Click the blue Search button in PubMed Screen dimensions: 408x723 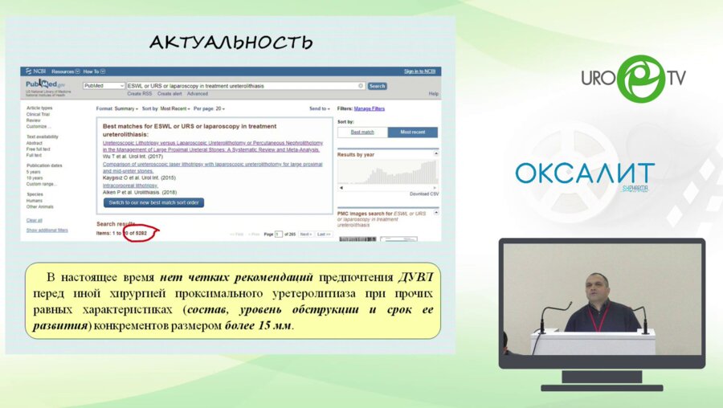(377, 86)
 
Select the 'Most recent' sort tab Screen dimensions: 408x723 (412, 132)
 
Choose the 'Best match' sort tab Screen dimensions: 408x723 (362, 132)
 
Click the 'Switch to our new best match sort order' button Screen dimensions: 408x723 (153, 202)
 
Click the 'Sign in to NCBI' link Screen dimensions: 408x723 (419, 71)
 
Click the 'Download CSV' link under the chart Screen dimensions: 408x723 (424, 194)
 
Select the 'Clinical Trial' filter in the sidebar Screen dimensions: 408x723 (38, 114)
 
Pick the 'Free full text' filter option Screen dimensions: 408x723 (39, 149)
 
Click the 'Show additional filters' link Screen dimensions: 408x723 (47, 230)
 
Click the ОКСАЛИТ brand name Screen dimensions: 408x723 (585, 173)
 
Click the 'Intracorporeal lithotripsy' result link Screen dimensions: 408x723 (130, 185)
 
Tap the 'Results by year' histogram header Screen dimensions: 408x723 (355, 153)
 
